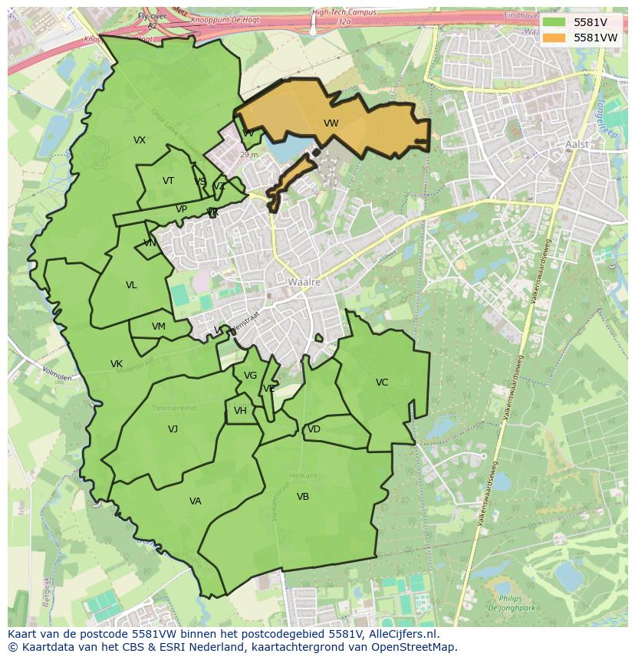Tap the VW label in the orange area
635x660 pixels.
[x=331, y=123]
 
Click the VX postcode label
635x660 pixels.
[x=140, y=140]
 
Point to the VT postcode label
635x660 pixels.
[x=168, y=181]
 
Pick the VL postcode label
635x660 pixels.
[x=131, y=285]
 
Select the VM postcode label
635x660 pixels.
[x=159, y=327]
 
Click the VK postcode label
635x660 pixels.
[x=117, y=364]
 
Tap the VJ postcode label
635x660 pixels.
[x=173, y=429]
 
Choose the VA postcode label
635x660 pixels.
[x=195, y=501]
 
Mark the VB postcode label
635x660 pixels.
[x=303, y=497]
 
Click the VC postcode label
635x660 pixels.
[x=382, y=383]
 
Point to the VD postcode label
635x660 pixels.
[x=314, y=429]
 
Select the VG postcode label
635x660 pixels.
[x=250, y=376]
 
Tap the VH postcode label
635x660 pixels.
[x=240, y=411]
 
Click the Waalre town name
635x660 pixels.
[x=304, y=282]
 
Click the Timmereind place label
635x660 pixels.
[x=173, y=408]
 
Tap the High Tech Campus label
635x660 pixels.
[x=344, y=13]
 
